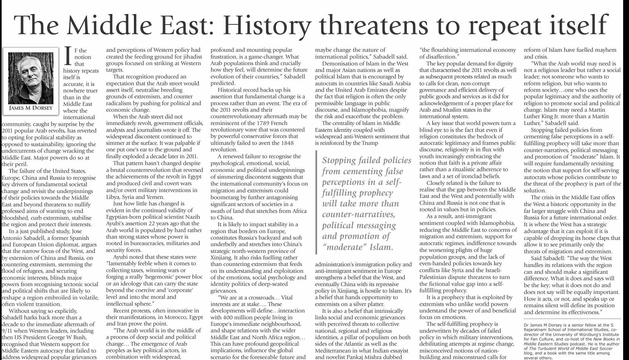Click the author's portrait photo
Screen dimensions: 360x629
click(31, 78)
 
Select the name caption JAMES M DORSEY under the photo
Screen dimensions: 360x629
click(31, 108)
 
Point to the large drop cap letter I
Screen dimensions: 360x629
click(68, 56)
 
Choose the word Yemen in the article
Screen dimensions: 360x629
click(156, 197)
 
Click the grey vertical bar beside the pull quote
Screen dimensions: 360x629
click(316, 202)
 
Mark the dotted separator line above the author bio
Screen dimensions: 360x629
click(572, 318)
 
